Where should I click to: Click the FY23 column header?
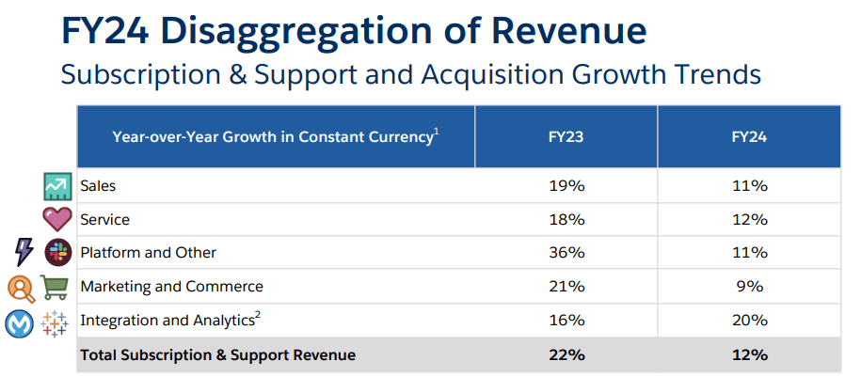coord(566,136)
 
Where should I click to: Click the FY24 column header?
coord(749,136)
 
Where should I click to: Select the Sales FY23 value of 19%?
coord(566,186)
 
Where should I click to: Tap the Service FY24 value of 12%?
coord(749,219)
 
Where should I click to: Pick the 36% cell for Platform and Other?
coord(566,253)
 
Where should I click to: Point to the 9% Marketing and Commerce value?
coord(749,286)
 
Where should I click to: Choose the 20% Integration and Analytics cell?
coord(749,320)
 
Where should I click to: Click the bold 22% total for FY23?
coord(566,354)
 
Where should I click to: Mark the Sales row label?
coord(98,186)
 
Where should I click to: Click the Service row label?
coord(104,219)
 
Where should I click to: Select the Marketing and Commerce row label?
coord(171,286)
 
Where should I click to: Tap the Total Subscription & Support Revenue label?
coord(218,354)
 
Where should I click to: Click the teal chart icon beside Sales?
coord(57,186)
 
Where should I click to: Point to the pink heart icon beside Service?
coord(57,219)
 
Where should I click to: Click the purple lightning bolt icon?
coord(24,252)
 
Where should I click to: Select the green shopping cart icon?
coord(56,286)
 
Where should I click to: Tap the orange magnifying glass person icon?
coord(21,287)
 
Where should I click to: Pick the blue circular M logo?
coord(21,322)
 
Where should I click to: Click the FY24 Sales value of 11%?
coord(749,186)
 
